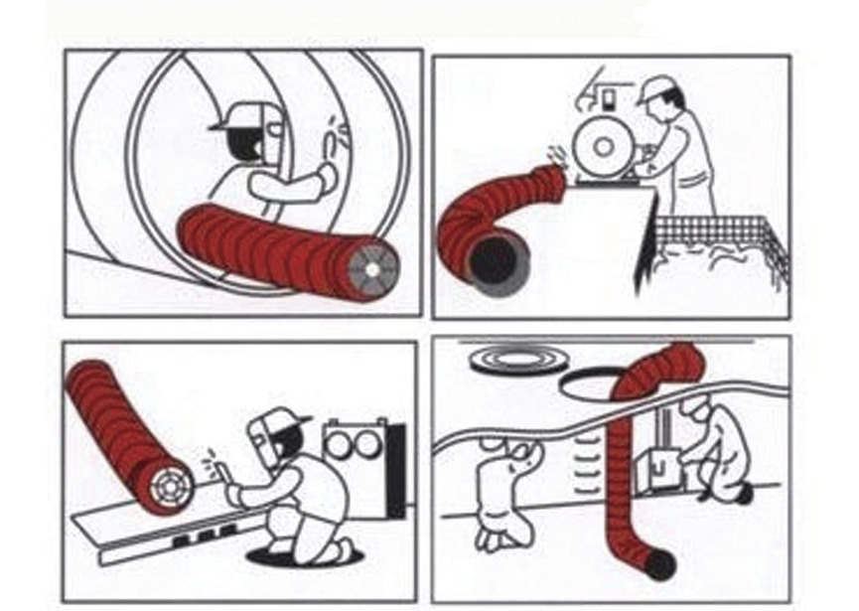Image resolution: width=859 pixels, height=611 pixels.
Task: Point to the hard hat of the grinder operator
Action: click(x=655, y=90)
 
